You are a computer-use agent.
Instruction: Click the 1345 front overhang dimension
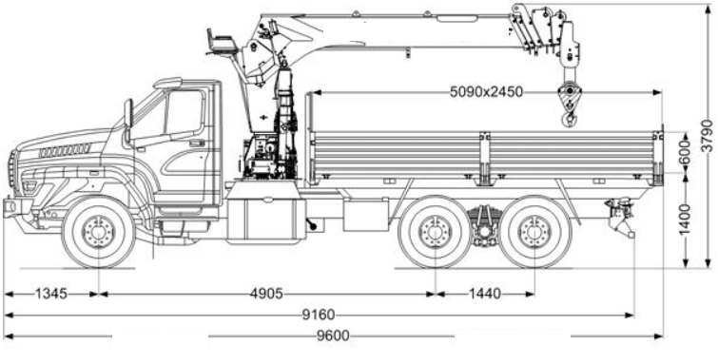pos(51,294)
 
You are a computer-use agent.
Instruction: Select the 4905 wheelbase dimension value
pos(266,294)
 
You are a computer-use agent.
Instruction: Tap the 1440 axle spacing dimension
pos(485,294)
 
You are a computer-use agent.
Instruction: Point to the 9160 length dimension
pos(319,315)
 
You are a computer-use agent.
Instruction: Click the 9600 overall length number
pos(334,336)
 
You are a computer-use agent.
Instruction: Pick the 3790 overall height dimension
pos(708,136)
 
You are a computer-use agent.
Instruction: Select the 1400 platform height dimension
pos(686,220)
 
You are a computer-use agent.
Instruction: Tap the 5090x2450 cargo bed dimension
pos(486,92)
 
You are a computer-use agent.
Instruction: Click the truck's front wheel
pos(99,232)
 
